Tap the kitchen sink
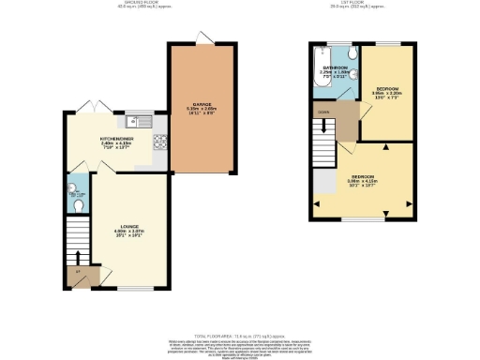point(137,120)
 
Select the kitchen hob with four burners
point(159,143)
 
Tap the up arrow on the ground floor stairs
point(79,255)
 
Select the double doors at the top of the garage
point(199,37)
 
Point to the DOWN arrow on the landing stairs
point(324,110)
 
